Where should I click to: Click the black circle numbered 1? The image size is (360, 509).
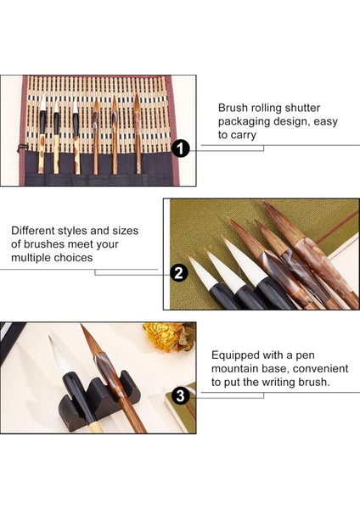click(x=180, y=148)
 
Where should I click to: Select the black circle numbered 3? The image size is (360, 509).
click(x=180, y=395)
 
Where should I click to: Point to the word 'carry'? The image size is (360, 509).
click(x=242, y=135)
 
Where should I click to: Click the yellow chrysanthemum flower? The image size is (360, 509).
click(x=165, y=336)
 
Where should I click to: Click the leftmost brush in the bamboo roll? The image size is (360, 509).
click(x=42, y=133)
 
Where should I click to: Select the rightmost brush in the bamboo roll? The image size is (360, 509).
click(x=138, y=132)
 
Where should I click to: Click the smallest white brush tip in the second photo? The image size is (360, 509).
click(x=202, y=272)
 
